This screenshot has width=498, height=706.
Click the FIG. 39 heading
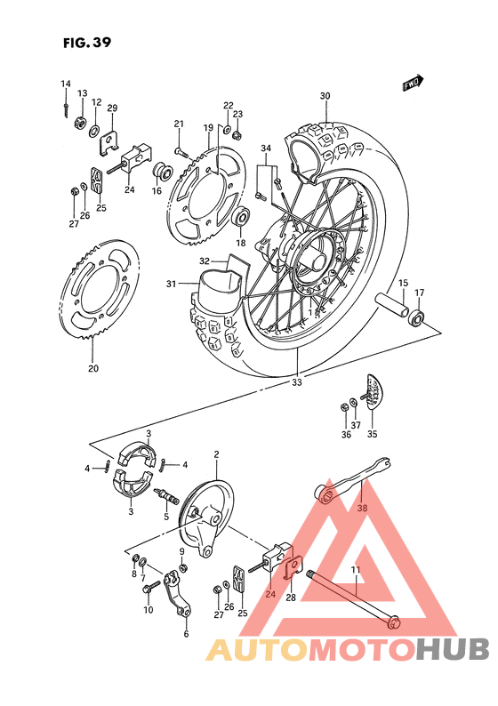tap(87, 41)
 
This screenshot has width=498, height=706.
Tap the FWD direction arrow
tap(412, 85)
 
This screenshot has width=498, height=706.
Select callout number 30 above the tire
tap(325, 96)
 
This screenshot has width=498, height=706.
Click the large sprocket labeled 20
tap(105, 293)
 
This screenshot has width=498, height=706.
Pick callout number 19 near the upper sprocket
tap(208, 128)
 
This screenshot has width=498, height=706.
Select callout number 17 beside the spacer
tap(419, 293)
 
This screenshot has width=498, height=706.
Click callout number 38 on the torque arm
tap(361, 509)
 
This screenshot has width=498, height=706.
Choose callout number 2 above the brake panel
tap(215, 454)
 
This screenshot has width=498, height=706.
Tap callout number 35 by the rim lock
tap(372, 434)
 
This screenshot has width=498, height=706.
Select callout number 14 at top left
tap(65, 84)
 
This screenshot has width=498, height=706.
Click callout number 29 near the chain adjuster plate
tap(112, 108)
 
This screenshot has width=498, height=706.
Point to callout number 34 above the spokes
tap(265, 148)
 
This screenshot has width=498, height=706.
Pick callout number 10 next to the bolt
tap(148, 610)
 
